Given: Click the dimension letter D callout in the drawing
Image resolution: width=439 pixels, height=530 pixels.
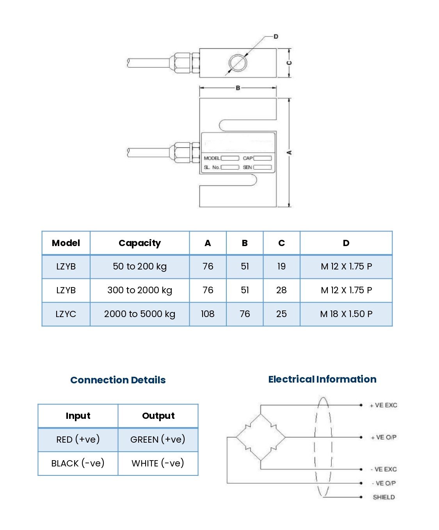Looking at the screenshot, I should [276, 37].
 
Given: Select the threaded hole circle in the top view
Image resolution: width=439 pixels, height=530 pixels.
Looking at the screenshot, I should [238, 63].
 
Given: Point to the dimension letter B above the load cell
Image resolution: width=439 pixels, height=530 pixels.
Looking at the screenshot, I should [238, 88].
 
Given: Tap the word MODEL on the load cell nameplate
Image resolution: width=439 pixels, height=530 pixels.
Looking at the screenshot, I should [212, 158].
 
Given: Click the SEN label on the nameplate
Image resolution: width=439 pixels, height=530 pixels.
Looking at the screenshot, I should [247, 167].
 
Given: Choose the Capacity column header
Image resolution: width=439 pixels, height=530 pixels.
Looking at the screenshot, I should [140, 243].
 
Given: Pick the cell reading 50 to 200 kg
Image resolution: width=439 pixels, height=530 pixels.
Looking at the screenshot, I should [140, 266].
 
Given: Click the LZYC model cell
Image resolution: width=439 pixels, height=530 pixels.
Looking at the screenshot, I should [66, 314].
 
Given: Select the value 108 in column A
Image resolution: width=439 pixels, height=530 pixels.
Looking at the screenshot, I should [208, 314].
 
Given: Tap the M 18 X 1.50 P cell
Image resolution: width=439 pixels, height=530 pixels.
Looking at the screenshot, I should [346, 314].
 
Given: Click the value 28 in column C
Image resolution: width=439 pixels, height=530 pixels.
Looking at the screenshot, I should [281, 290].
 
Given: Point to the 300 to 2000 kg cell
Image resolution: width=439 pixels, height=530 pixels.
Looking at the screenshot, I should [140, 290].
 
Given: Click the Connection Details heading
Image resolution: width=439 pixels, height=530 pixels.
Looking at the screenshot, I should [118, 380].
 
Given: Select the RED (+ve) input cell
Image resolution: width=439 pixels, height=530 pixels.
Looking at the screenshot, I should [78, 440].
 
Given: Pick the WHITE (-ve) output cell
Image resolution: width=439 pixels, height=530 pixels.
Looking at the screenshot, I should [158, 463].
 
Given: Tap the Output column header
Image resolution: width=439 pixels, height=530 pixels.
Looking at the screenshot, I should [158, 416].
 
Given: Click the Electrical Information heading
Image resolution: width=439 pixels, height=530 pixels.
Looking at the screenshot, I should [322, 379].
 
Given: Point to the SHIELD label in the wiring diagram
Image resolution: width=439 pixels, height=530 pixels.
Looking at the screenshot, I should [384, 497].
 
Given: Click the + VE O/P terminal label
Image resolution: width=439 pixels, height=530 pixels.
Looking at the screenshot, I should [384, 438].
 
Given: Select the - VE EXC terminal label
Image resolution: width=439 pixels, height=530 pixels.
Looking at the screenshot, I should [384, 469].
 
